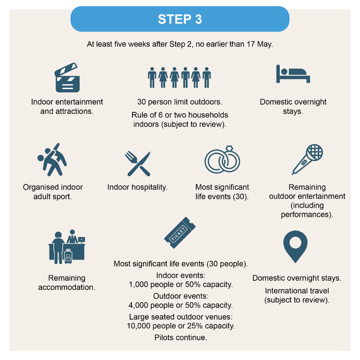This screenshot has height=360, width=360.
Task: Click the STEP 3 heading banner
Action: coord(180,19)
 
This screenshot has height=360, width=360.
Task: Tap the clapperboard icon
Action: coord(67,79)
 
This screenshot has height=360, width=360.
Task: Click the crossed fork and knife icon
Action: coord(138,164)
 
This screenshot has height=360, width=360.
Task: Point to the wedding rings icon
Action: coord(222,160)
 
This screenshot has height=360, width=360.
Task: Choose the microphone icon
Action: coord(307,159)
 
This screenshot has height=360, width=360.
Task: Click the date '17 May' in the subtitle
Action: coord(261,44)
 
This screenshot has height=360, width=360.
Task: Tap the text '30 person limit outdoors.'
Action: coord(180,102)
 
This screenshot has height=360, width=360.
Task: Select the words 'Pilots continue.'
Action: coord(180,337)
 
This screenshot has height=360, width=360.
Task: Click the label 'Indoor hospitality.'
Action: coord(137,187)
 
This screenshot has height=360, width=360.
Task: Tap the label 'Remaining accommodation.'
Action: coord(67,283)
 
